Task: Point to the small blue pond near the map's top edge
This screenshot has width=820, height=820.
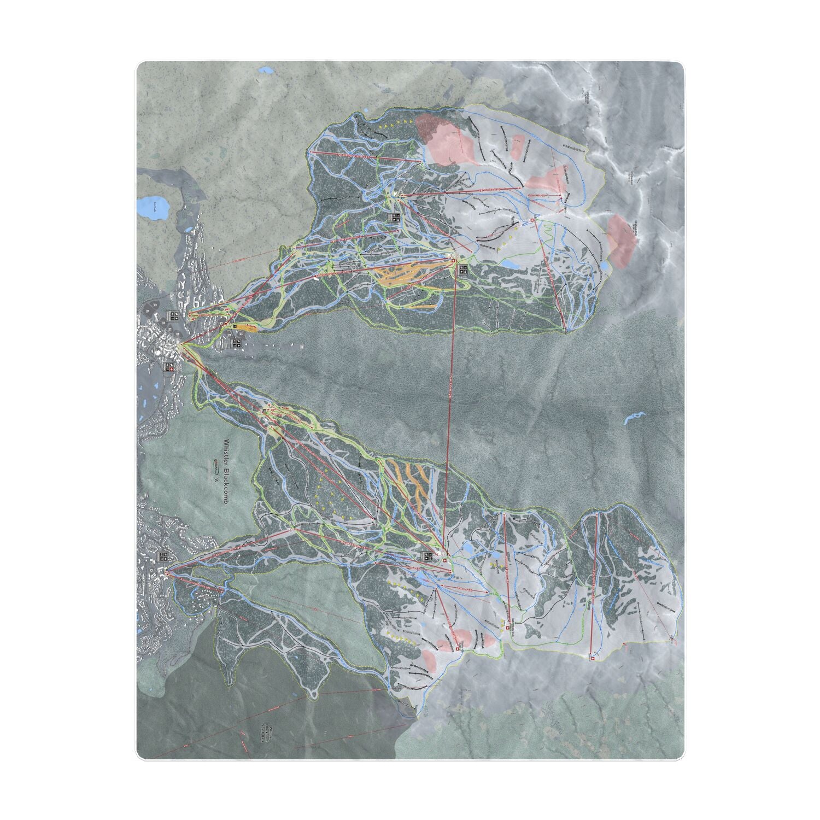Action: coord(267,71)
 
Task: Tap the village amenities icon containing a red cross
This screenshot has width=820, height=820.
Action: coord(169,367)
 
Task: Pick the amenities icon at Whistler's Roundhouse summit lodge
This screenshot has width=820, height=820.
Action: coord(427,557)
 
